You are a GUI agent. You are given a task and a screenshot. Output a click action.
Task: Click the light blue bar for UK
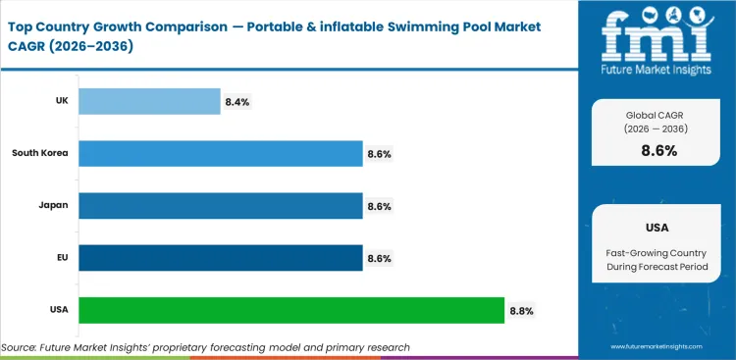(x=149, y=101)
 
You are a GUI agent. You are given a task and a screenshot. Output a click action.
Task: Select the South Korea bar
(x=220, y=153)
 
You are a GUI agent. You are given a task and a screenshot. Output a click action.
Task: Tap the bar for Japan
(x=220, y=206)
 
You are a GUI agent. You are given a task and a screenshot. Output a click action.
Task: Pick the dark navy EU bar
(x=220, y=258)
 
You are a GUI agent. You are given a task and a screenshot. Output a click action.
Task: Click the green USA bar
(x=290, y=311)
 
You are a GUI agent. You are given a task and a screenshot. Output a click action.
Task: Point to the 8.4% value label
(x=237, y=101)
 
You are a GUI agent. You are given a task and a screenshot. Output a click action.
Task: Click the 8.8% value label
(x=521, y=311)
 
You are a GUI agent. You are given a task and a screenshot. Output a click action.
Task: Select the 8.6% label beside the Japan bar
(x=379, y=206)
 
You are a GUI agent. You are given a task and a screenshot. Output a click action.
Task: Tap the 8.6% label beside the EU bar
(x=379, y=258)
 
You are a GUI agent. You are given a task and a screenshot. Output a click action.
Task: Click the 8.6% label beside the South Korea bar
(x=379, y=154)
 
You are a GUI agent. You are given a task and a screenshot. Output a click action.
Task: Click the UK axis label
(x=60, y=101)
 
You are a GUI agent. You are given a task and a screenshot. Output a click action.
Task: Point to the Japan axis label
(x=53, y=206)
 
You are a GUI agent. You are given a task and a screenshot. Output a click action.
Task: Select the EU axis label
(x=60, y=258)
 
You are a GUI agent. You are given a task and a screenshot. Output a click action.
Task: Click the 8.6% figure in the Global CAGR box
(x=657, y=150)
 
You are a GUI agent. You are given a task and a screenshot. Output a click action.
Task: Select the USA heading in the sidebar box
(x=657, y=228)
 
